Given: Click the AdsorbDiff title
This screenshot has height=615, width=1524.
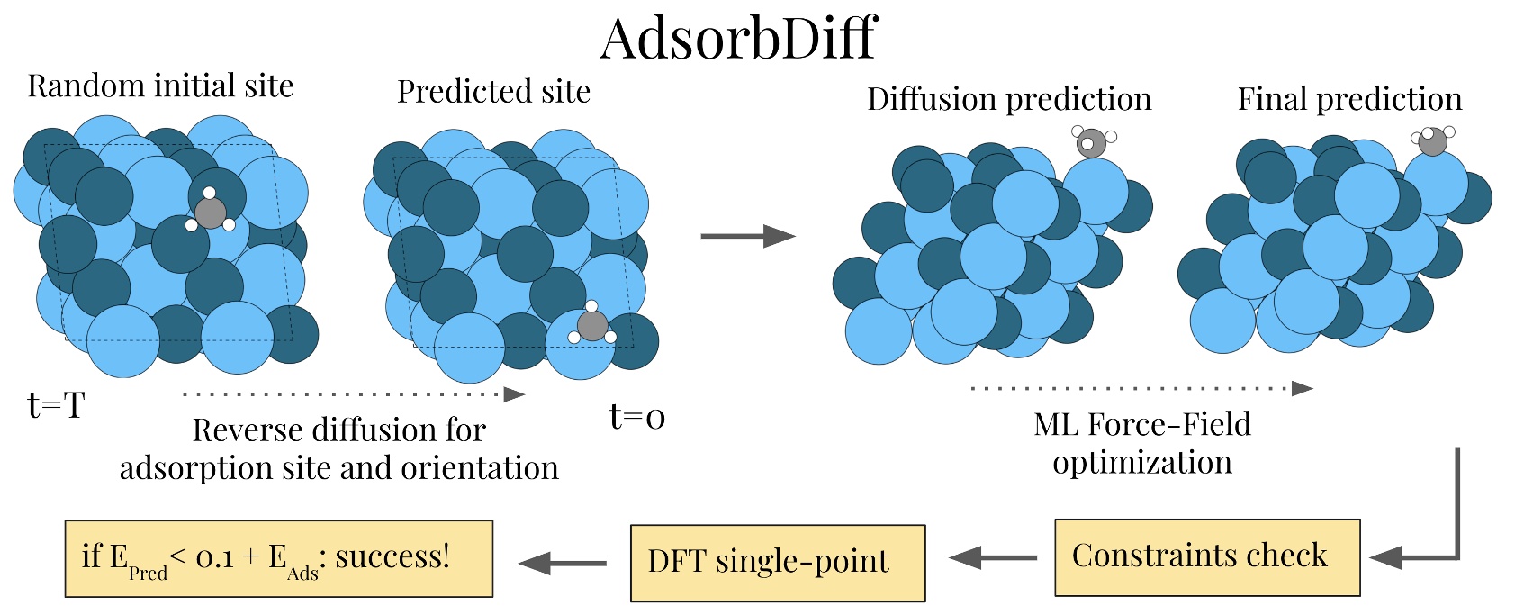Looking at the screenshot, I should pos(738,38).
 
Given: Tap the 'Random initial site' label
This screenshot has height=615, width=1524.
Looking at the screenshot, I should pos(160,86).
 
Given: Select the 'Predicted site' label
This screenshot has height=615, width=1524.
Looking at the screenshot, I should pos(493,92).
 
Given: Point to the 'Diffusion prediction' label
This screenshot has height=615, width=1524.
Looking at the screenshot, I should pos(1008,99).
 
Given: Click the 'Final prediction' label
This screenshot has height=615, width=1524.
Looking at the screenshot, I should pos(1349,99).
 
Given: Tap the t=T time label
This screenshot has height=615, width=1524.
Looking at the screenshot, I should pos(56,406).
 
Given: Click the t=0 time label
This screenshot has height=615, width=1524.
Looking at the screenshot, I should pos(637,417).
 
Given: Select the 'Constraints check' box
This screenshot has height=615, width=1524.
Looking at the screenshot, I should pos(1206,557).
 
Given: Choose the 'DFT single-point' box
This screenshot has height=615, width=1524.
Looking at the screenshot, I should pos(777,563).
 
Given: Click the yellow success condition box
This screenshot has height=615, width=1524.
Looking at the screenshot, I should pos(278,558).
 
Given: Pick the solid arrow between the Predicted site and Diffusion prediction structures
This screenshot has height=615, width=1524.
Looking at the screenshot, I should pos(747,236).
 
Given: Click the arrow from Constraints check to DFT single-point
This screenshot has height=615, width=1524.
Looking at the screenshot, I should pos(993,558).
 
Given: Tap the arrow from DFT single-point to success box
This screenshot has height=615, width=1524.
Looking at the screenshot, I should pos(563,564).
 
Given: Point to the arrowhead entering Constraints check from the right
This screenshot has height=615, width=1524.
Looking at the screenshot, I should pos(1386,557).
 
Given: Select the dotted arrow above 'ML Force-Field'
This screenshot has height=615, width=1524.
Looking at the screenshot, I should pos(1141,388).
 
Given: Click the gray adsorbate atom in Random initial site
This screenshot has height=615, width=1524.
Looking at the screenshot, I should pos(211,213).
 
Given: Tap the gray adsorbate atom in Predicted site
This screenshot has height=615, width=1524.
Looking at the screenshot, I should pos(591,326).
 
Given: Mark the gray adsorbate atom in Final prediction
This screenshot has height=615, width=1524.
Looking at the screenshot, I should pos(1431,142).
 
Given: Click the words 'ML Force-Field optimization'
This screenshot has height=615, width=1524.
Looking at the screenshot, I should pos(1141,443).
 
